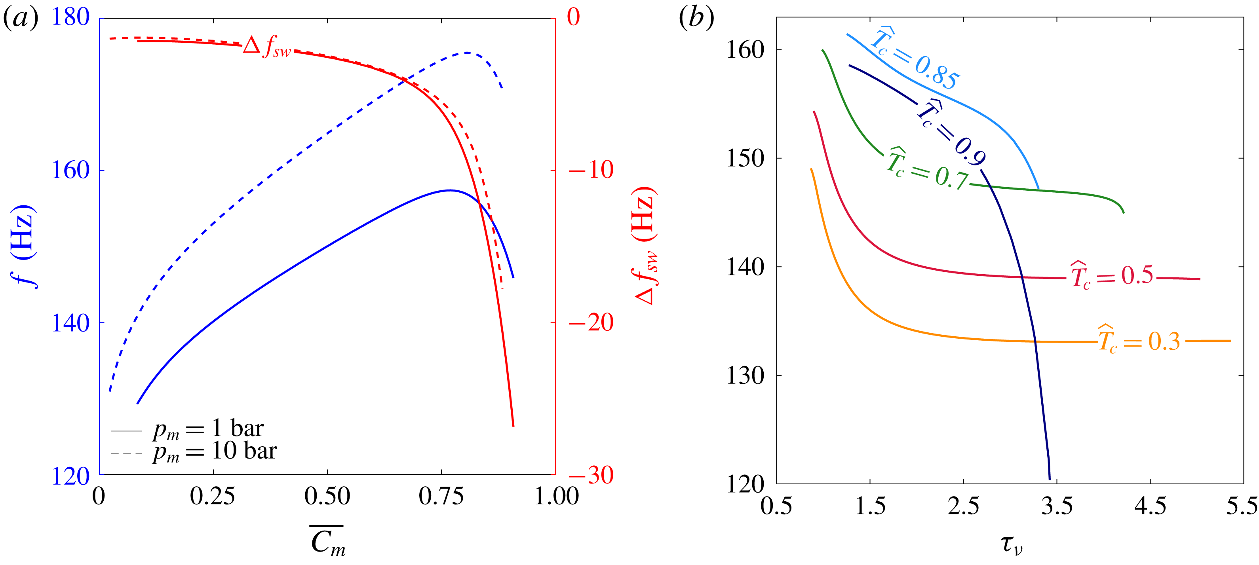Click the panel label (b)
(x=696, y=19)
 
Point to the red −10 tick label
(x=590, y=171)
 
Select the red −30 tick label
(x=590, y=475)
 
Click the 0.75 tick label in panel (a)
(x=441, y=497)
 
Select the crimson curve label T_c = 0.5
(x=1111, y=276)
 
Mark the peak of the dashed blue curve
(x=467, y=53)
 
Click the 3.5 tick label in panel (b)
(x=1057, y=506)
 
